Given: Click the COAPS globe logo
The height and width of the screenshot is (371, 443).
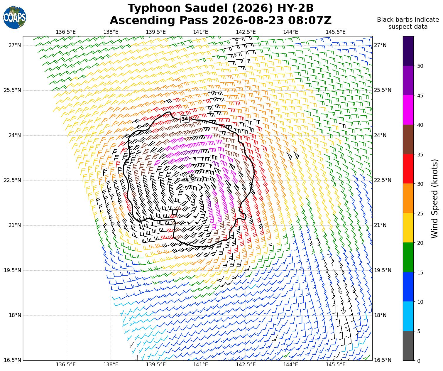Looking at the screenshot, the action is pos(15,17).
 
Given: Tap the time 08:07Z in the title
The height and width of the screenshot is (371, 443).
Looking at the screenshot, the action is pos(310,21).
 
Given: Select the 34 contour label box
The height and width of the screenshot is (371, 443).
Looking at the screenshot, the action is pos(185,119).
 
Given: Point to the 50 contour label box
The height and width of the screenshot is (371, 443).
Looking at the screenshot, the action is pos(191,177).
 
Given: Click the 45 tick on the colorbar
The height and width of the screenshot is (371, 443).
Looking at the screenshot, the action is pos(420,95).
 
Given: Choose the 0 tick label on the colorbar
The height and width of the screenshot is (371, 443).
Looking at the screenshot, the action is pos(419,361).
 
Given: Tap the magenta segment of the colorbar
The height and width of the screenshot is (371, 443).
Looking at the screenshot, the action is pos(408,110).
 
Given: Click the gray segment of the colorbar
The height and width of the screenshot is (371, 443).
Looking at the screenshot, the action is pos(408,346).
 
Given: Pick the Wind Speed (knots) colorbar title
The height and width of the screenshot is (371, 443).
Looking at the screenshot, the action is pos(434,199).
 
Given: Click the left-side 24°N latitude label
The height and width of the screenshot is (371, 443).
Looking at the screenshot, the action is pos(15,135).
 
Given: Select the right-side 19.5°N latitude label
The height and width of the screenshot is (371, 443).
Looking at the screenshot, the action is pos(383,270).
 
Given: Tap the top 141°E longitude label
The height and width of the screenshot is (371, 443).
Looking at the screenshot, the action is pos(200,32).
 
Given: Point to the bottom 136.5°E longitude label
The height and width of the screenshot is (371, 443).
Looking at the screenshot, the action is pos(66,365).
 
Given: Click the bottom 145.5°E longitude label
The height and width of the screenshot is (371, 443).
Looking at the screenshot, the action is pos(336,365).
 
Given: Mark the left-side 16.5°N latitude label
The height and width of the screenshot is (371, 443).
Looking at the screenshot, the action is pos(13,360).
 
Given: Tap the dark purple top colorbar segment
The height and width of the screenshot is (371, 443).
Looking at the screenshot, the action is pos(408,51).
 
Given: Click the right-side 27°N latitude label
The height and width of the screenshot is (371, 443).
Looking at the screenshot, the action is pos(380,45).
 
